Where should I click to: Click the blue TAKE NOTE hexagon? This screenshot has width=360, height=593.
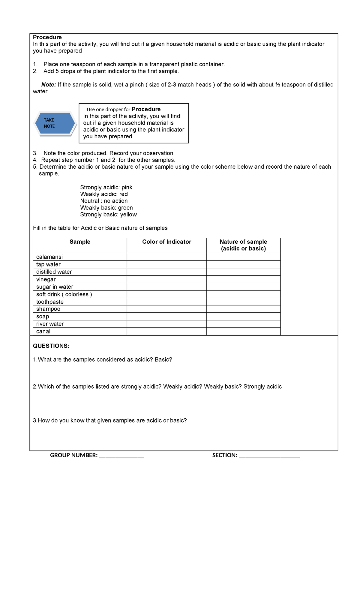coord(55,123)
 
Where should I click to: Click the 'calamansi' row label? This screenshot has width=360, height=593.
coord(49,257)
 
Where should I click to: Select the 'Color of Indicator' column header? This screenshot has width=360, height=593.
coord(166,242)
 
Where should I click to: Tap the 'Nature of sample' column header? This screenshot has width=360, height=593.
coord(243,245)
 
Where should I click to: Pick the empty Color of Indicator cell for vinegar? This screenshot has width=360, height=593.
coord(166,279)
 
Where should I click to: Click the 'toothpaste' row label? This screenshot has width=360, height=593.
coord(50,302)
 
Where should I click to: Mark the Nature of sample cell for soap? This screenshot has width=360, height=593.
coord(243,317)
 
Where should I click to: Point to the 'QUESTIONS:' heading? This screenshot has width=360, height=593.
coord(51,346)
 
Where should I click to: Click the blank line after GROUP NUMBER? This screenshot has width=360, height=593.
coord(121,456)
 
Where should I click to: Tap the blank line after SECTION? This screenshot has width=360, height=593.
coord(269,456)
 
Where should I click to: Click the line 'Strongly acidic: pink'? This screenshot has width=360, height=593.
coord(106,188)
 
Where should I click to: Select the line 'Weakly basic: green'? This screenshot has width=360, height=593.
coord(106,208)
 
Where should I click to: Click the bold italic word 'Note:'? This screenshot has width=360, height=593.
coord(49,85)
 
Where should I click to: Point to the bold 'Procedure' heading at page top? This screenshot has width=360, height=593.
coord(47,37)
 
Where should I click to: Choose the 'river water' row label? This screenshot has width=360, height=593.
coord(50,324)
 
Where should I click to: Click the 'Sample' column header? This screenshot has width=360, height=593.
coord(80,242)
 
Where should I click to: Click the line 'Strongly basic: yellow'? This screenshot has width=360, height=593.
coord(108,215)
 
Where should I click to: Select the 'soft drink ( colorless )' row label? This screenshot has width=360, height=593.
coord(64,294)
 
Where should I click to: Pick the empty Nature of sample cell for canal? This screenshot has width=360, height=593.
coord(243,332)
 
